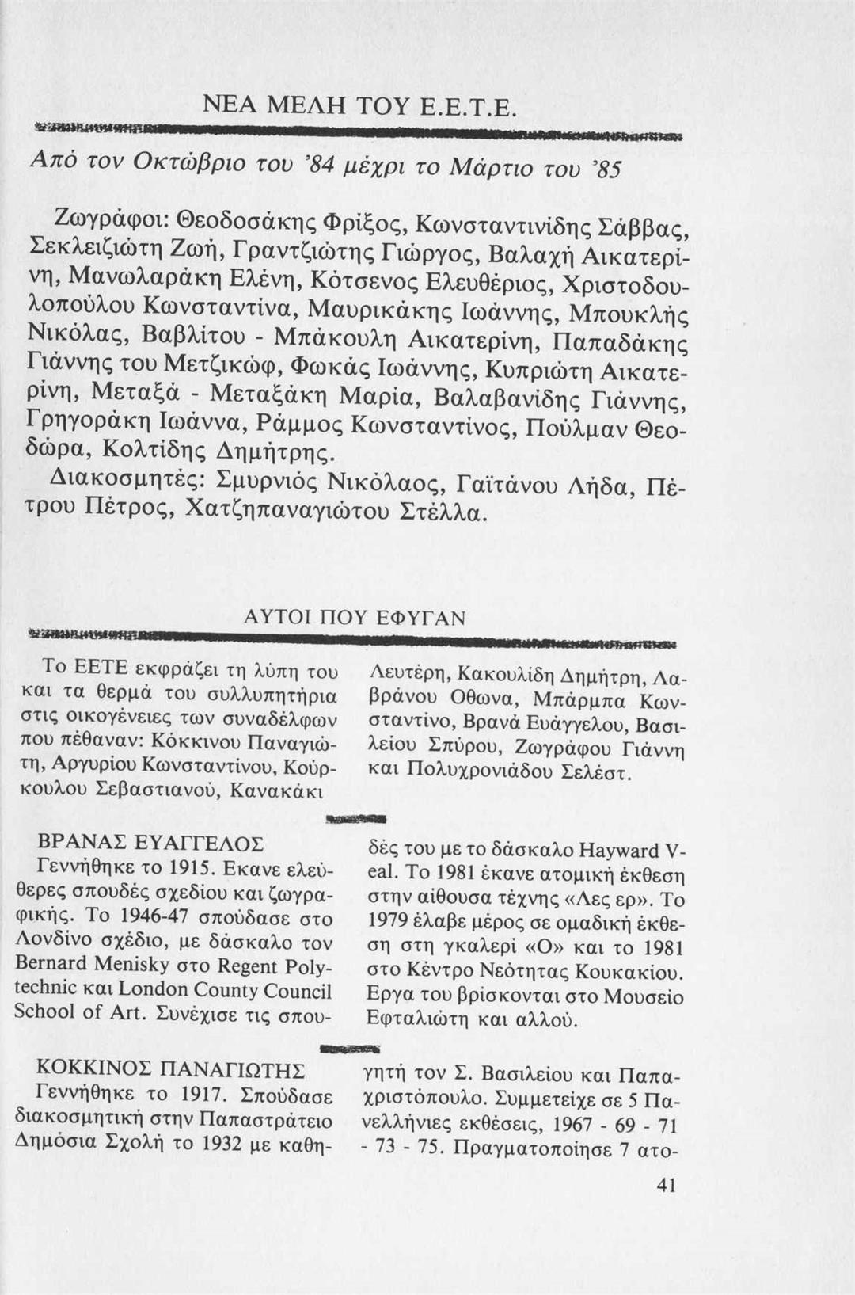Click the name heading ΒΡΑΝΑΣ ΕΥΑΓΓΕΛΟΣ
(151, 842)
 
